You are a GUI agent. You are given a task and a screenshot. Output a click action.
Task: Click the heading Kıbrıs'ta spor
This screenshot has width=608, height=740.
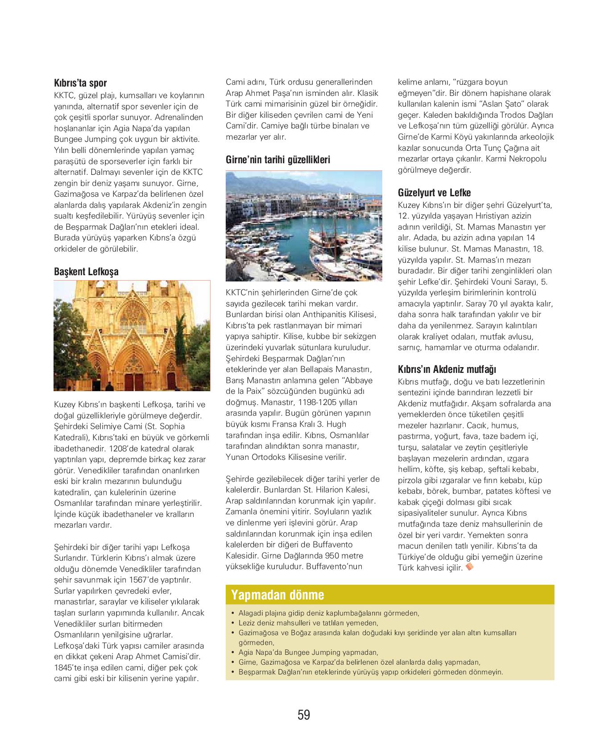80,83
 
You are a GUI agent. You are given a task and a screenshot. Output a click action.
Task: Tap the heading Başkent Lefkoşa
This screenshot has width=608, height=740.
86,272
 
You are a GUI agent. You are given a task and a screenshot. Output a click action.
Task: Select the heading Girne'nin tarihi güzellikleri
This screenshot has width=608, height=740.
278,160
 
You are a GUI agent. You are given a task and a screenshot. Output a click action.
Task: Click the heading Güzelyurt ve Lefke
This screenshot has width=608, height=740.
434,193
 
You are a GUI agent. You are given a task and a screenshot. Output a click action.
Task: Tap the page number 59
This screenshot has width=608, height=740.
304,715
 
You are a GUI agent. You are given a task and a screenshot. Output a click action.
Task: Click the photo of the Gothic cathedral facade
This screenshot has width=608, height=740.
132,335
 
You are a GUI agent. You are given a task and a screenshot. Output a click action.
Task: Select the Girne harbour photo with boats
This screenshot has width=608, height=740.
304,226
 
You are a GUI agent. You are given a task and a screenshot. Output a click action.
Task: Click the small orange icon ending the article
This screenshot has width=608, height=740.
469,567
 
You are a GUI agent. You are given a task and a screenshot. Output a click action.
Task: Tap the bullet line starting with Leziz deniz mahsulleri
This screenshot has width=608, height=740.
308,623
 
